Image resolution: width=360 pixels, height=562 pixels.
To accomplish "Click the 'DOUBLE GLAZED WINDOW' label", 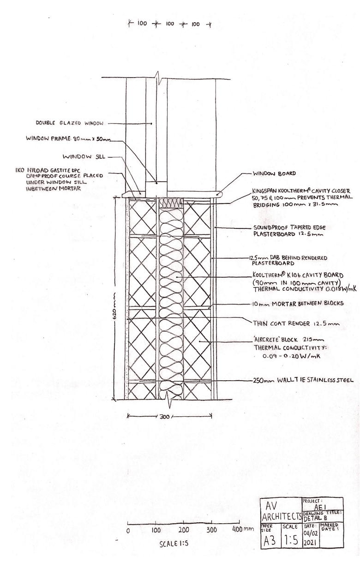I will point(70,123).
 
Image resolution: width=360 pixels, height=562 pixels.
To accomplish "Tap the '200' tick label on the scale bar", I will point(183,530).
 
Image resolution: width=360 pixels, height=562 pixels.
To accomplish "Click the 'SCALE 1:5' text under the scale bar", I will point(172,544).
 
